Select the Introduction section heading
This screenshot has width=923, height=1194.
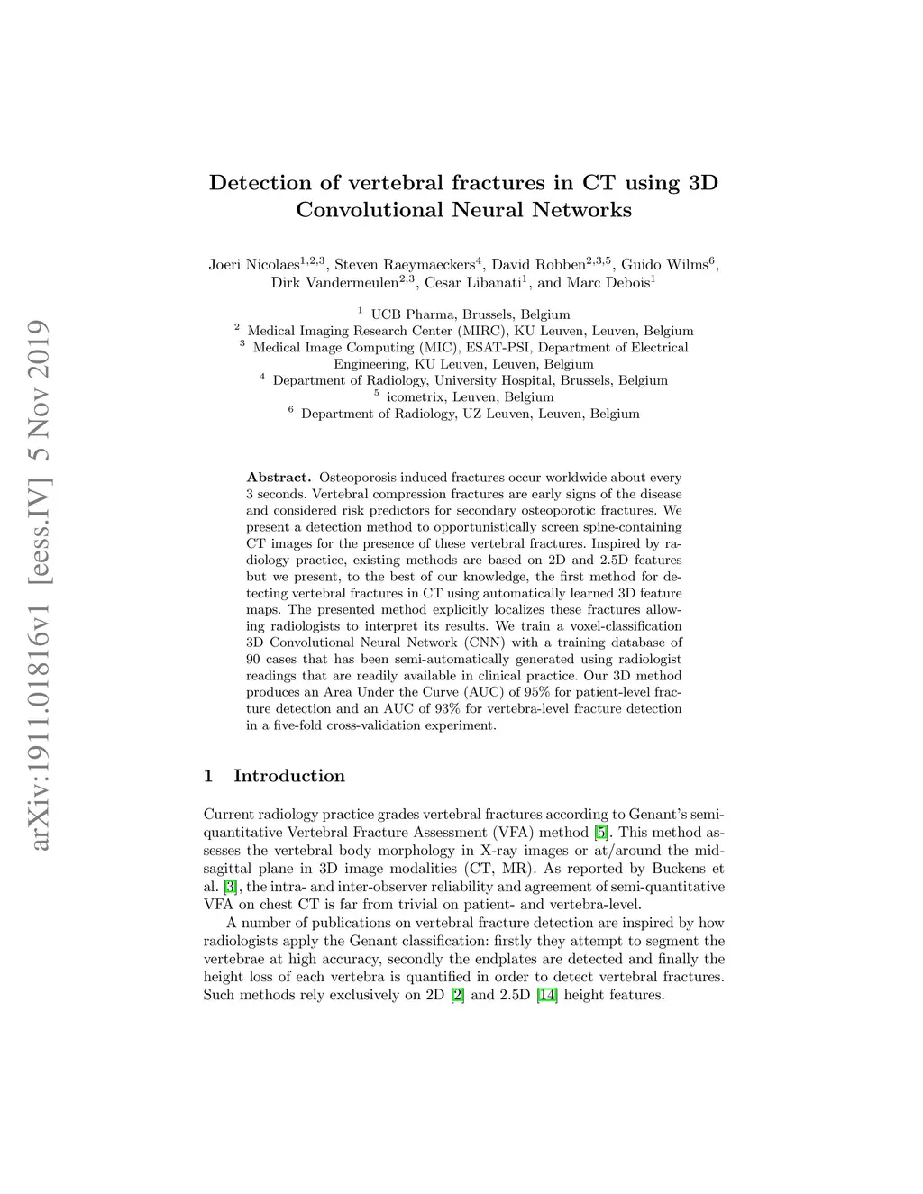click(x=288, y=776)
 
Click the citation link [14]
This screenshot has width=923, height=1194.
click(x=547, y=995)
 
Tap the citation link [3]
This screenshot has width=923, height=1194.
click(x=230, y=887)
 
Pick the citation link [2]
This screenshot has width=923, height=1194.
click(x=457, y=995)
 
